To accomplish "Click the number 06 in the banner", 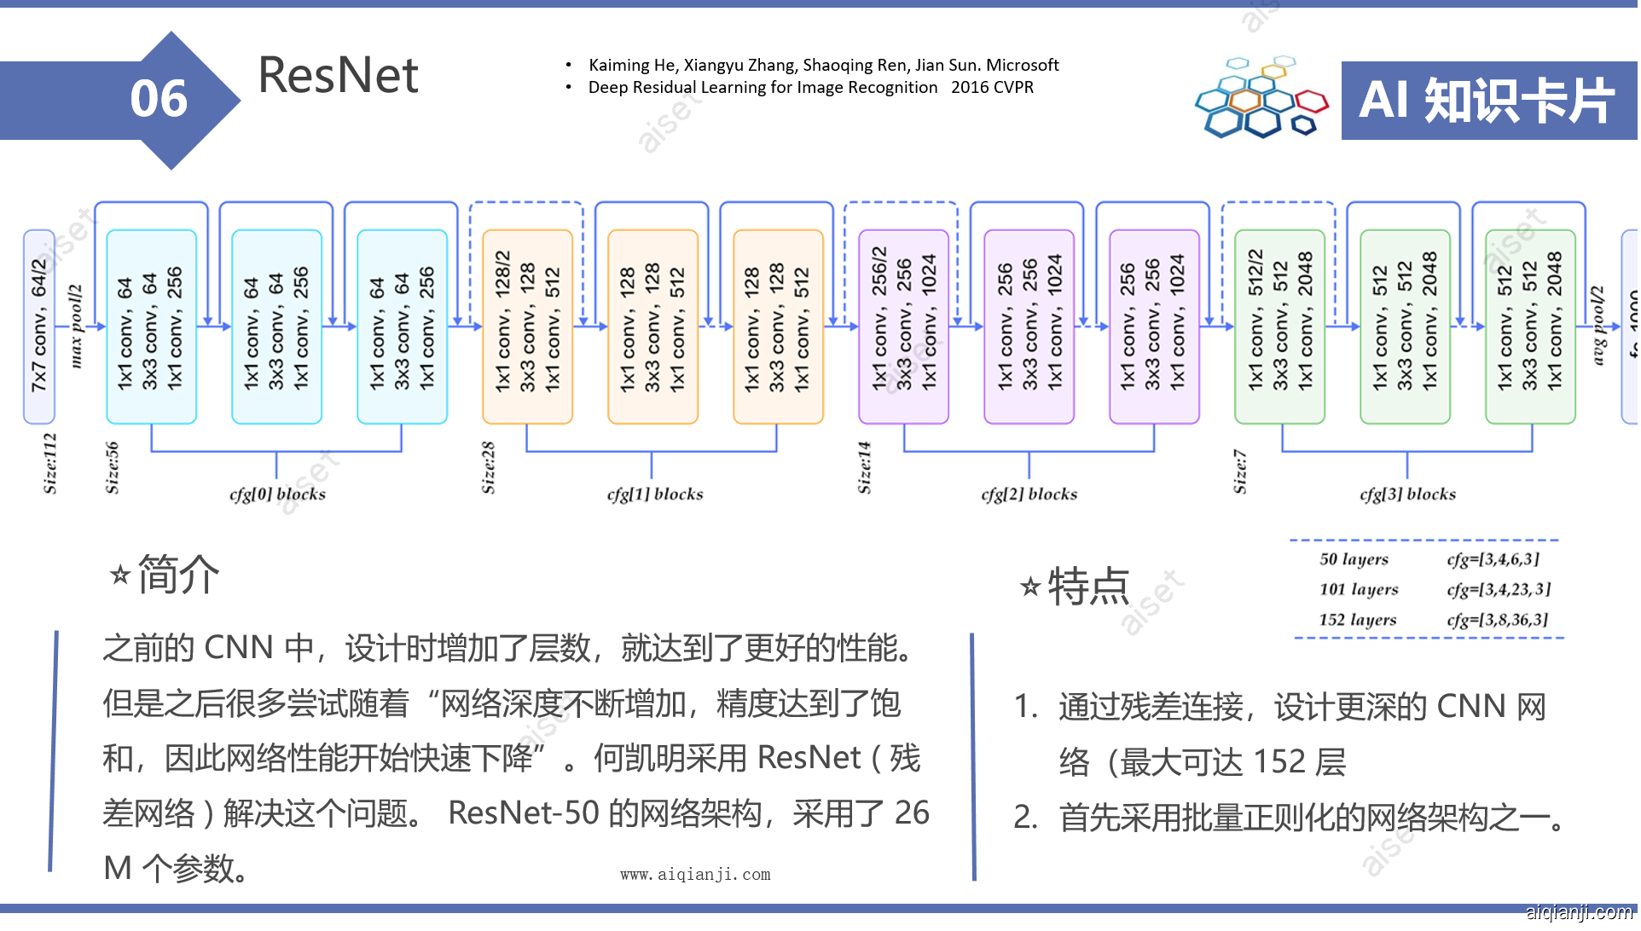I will click(159, 99).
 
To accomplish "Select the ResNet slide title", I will click(338, 75).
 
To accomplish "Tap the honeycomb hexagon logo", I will click(1261, 99).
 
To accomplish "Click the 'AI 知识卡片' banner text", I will click(1487, 101).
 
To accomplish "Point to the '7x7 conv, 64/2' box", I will click(39, 327).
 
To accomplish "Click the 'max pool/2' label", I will click(76, 327).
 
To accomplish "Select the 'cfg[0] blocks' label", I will click(277, 494).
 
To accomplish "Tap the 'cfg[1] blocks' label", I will click(655, 494).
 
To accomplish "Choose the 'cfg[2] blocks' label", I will click(1029, 494).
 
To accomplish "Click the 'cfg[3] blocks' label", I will click(1407, 494).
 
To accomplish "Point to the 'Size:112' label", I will click(50, 463).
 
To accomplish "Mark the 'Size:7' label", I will click(1240, 471).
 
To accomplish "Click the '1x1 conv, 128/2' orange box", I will click(527, 327).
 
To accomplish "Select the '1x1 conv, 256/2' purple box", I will click(903, 327).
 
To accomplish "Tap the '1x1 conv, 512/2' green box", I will click(1279, 327).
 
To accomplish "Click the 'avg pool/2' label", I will click(1598, 327).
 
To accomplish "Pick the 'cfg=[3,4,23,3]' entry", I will click(1498, 589).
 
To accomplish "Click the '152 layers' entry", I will click(1358, 620).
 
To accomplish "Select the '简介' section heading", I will click(177, 574).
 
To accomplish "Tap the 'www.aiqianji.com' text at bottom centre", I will click(695, 875).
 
